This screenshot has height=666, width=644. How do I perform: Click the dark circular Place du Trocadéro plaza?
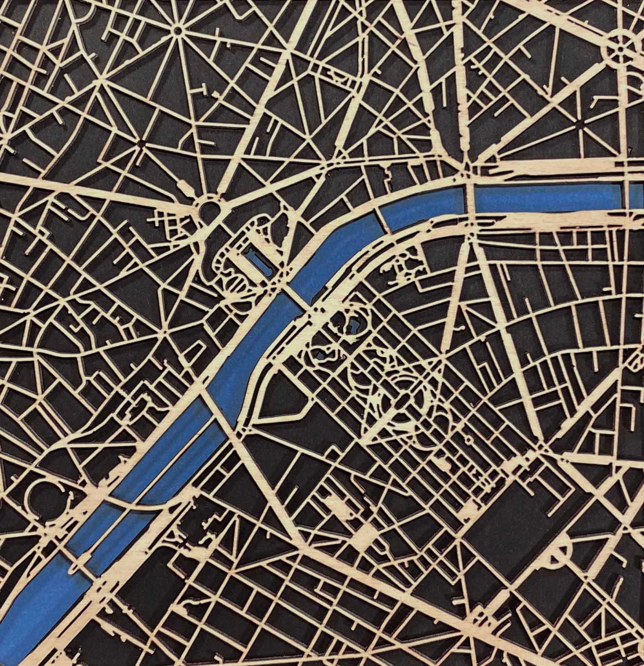[x=209, y=210]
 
